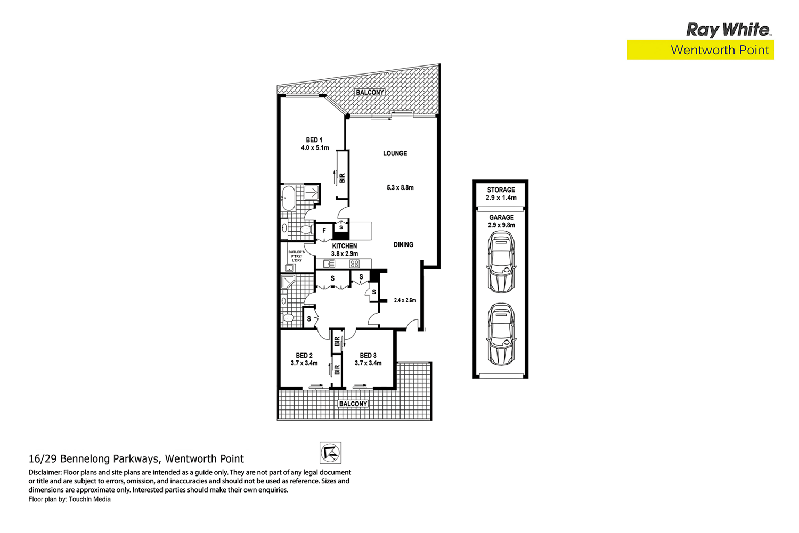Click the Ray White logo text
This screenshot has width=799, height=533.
(x=728, y=29)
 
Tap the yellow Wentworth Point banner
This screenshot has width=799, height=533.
(x=700, y=50)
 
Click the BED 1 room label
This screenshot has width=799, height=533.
(x=314, y=140)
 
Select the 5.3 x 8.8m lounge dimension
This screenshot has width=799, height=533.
(x=400, y=187)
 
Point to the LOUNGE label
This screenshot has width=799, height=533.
(x=395, y=153)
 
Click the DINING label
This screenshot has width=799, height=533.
(x=403, y=245)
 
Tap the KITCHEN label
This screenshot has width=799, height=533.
(x=345, y=246)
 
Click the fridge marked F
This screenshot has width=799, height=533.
(x=324, y=231)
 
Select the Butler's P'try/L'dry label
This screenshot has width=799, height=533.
(x=296, y=256)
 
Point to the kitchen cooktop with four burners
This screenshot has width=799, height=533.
(x=354, y=264)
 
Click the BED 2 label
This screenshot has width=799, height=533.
(x=304, y=356)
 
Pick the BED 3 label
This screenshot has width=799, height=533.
(x=368, y=356)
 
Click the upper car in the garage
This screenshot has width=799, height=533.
(x=501, y=262)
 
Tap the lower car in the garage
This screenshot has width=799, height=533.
(x=501, y=334)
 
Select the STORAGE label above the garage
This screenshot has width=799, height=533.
(x=501, y=190)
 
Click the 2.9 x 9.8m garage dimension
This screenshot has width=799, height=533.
(x=501, y=225)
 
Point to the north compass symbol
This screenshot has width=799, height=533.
(x=330, y=453)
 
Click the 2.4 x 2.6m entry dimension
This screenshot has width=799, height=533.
(x=405, y=300)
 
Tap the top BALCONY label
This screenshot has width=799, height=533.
(x=370, y=93)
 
